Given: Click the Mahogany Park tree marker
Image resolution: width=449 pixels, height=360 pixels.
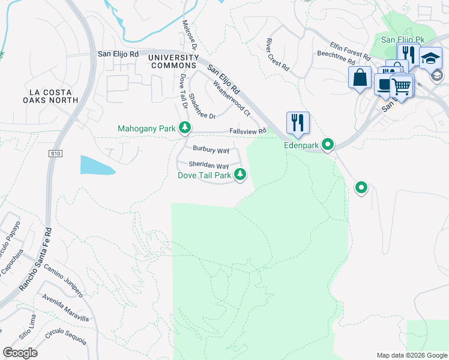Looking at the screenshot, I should click(x=185, y=128).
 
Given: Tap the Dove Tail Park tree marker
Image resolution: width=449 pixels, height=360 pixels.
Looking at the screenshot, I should click(x=240, y=175).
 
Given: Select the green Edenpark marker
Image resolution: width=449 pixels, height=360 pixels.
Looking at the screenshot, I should click(x=328, y=145).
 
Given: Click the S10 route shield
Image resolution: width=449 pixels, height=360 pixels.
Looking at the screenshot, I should click(x=55, y=154).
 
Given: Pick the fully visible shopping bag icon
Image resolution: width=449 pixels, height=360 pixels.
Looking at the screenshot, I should click(x=360, y=78).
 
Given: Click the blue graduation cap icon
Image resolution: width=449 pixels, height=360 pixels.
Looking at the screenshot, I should click(x=430, y=58).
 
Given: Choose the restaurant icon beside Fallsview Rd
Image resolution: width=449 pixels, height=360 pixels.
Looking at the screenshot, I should click(x=298, y=122).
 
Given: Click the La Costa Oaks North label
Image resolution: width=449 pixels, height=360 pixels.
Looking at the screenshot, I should click(x=53, y=96).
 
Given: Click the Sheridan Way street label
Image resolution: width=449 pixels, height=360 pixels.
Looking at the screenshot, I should click(x=209, y=165).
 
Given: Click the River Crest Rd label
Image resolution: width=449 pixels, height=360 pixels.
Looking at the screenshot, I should click(x=277, y=56).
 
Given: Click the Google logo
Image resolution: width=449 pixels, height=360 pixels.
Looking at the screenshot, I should click(x=20, y=353).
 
